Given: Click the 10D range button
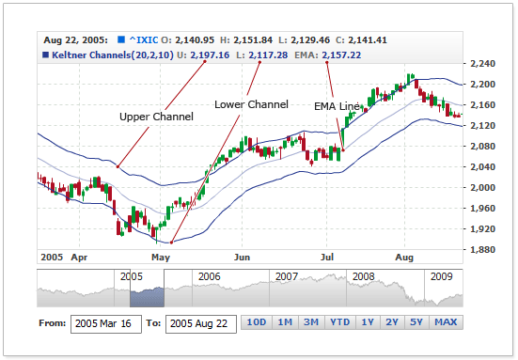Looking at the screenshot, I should tap(256, 322).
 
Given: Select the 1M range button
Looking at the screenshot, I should tap(284, 322).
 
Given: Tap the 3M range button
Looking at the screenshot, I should tap(310, 322).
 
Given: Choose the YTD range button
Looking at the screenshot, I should tap(339, 322).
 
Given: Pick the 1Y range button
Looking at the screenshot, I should tap(368, 322).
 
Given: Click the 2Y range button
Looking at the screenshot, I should tap(392, 322).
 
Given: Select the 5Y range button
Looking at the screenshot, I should tap(416, 322).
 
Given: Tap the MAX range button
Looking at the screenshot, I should tap(446, 322).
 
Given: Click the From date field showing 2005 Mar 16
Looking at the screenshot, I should tap(105, 323).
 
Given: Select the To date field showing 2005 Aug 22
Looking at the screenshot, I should tap(200, 323).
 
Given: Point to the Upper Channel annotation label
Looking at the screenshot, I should tap(156, 117).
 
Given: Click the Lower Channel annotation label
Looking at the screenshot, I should tap(251, 103).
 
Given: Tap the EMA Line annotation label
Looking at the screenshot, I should tap(336, 107).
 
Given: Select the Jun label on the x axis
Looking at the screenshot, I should tap(243, 256).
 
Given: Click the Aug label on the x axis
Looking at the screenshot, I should tap(405, 256).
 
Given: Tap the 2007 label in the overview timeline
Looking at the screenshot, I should tap(287, 277).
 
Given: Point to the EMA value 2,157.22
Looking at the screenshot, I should tap(345, 55).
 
